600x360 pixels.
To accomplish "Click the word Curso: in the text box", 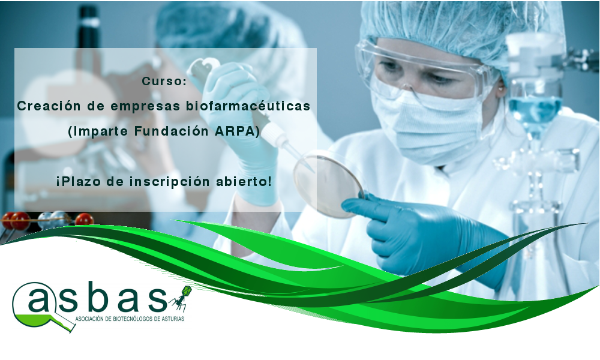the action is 164,81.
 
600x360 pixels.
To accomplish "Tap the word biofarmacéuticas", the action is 248,106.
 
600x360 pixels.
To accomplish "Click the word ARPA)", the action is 237,131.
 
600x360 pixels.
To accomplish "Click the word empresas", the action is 145,106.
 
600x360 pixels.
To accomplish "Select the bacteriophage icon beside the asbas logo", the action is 181,298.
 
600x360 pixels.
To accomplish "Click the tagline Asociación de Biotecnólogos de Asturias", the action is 130,319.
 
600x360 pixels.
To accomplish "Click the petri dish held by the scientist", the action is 329,184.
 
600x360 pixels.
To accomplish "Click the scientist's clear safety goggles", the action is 425,71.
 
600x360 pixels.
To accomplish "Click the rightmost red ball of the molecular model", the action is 84,219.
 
